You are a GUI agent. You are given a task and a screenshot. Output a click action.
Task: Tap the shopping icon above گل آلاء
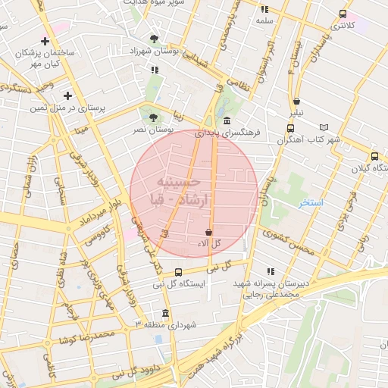pyautogui.click(x=209, y=231)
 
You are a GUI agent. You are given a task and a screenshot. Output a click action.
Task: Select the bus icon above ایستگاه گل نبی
pyautogui.click(x=179, y=272)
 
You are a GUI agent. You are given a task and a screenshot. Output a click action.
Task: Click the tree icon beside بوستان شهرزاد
pyautogui.click(x=155, y=38)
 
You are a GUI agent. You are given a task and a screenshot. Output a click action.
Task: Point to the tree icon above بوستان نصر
pyautogui.click(x=154, y=117)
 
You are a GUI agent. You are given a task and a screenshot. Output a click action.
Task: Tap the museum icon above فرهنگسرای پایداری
pyautogui.click(x=227, y=121)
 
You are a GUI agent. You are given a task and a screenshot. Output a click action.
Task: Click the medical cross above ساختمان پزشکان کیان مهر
pyautogui.click(x=46, y=41)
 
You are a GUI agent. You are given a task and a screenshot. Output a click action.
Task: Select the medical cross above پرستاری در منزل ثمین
pyautogui.click(x=68, y=95)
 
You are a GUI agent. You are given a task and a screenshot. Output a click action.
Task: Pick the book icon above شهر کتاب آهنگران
pyautogui.click(x=324, y=127)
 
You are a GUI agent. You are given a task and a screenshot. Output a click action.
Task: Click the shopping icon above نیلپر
pyautogui.click(x=296, y=101)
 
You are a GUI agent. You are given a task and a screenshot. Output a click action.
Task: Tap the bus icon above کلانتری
pyautogui.click(x=343, y=14)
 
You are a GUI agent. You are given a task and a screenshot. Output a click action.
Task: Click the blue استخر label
pyautogui.click(x=311, y=203)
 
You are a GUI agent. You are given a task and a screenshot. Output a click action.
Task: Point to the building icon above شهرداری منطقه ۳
pyautogui.click(x=166, y=314)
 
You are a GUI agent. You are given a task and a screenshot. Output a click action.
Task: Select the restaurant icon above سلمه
pyautogui.click(x=264, y=9)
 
